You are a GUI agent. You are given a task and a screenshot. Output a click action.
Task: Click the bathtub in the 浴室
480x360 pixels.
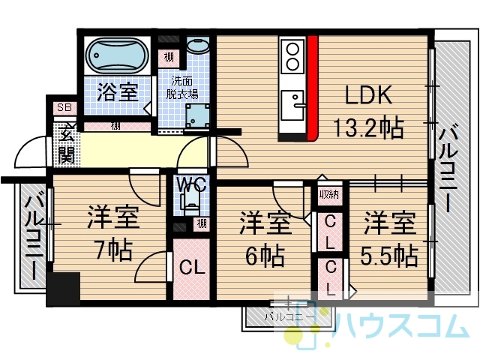pyautogui.click(x=117, y=55)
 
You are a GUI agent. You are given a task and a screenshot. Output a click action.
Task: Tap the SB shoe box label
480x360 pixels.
pyautogui.click(x=64, y=107)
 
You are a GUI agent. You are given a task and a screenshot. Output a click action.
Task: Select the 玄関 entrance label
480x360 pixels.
pyautogui.click(x=67, y=143)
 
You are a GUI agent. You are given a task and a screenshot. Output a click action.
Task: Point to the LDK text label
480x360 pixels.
pyautogui.click(x=368, y=95)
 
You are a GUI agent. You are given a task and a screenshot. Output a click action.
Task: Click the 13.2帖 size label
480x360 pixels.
pyautogui.click(x=368, y=127)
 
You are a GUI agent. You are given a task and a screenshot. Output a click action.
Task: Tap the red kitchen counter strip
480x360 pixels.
pyautogui.click(x=313, y=88)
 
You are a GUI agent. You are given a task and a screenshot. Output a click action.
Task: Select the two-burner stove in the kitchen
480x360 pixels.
pyautogui.click(x=293, y=56)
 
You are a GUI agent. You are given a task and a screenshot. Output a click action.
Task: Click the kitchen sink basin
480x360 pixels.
pyautogui.click(x=292, y=105)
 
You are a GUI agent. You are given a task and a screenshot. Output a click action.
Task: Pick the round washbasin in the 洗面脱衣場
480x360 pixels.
pyautogui.click(x=197, y=46)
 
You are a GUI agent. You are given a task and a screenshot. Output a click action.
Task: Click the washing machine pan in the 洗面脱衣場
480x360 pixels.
pyautogui.click(x=198, y=116)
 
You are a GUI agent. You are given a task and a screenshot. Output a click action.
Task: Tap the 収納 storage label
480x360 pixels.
pyautogui.click(x=329, y=194)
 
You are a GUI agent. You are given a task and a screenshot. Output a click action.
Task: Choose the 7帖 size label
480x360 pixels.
pyautogui.click(x=113, y=250)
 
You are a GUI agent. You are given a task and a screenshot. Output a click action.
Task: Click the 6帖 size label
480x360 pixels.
pyautogui.click(x=265, y=255)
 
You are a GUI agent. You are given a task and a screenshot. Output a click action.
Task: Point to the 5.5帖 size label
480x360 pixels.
pyautogui.click(x=388, y=255)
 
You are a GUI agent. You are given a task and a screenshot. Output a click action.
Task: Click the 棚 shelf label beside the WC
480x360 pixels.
pyautogui.click(x=202, y=223)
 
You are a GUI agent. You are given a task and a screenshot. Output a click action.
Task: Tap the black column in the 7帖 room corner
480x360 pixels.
pyautogui.click(x=63, y=289)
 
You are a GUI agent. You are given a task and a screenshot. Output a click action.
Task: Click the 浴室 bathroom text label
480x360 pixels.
pyautogui.click(x=118, y=91)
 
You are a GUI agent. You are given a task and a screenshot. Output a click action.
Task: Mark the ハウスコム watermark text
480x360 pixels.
pyautogui.click(x=402, y=326)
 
